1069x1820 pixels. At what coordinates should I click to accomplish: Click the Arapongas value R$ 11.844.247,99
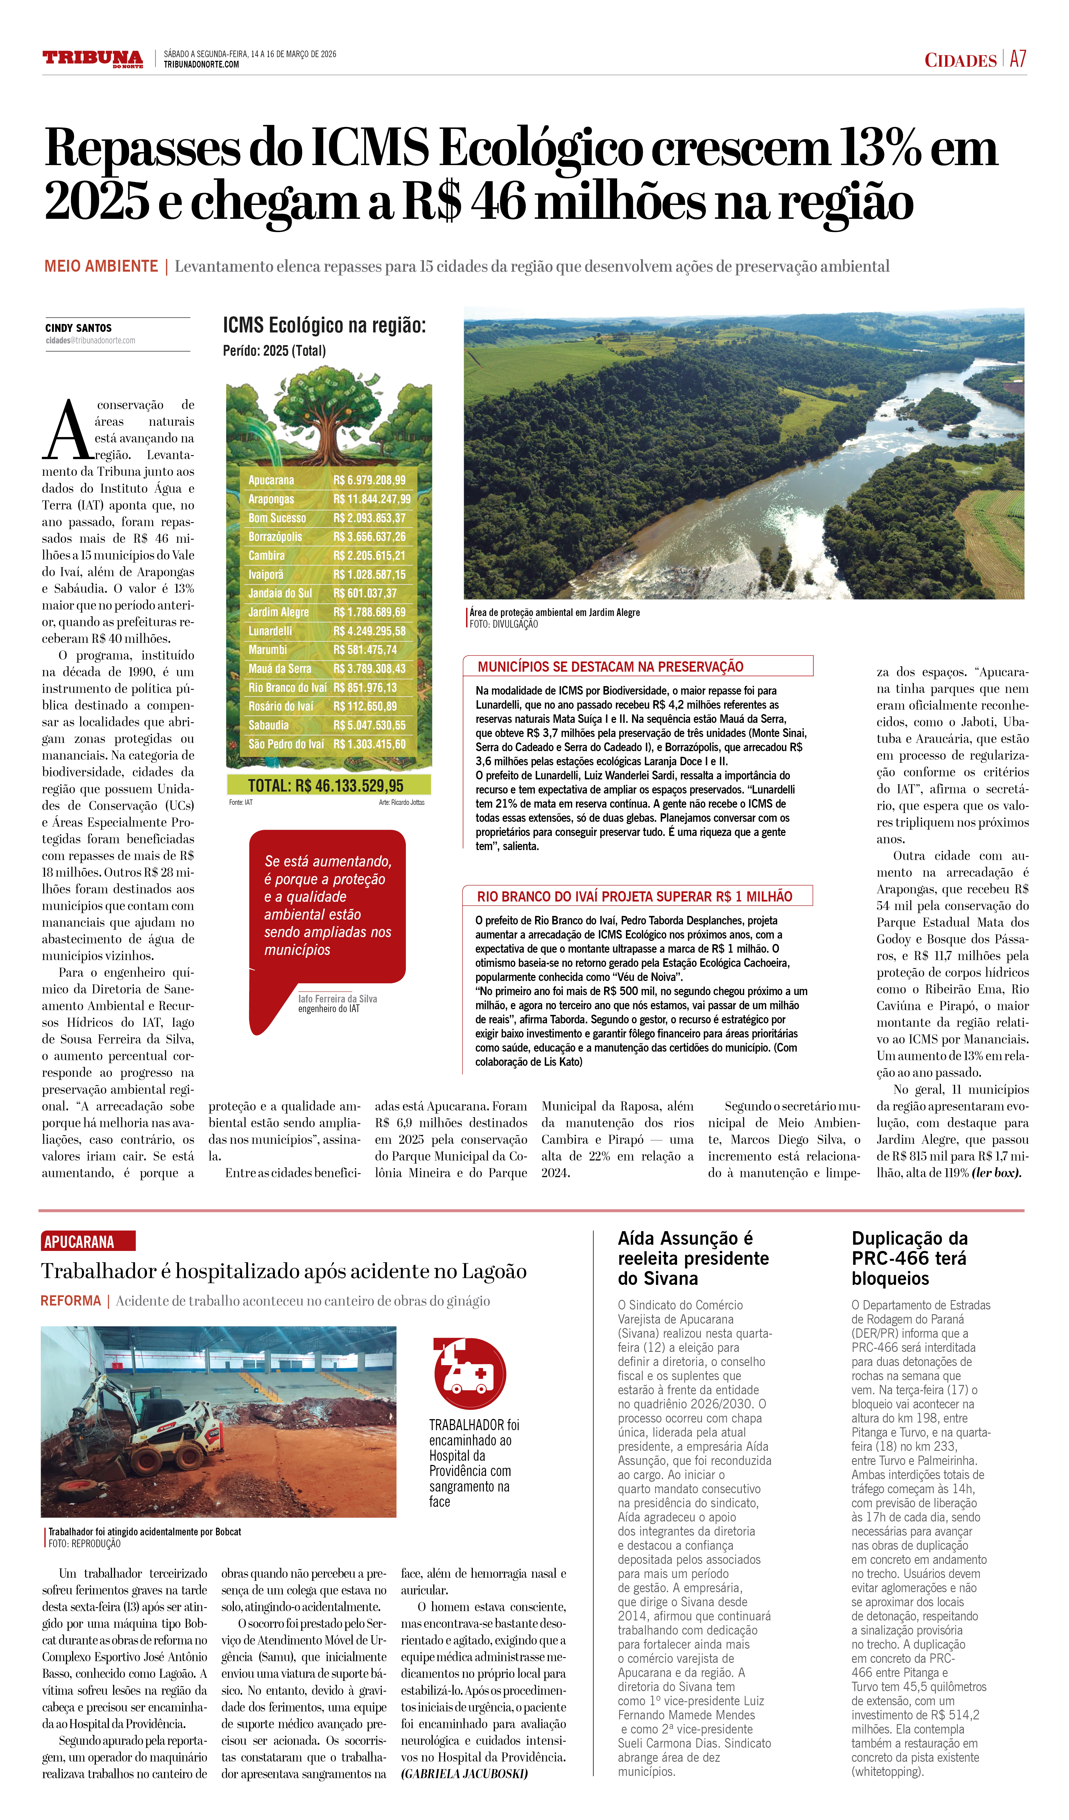tap(371, 499)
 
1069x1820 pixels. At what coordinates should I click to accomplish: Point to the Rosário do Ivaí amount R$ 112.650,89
tap(365, 706)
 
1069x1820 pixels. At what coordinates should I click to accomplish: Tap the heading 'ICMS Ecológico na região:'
tap(324, 326)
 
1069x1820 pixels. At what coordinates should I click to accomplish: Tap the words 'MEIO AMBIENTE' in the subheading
tap(101, 267)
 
